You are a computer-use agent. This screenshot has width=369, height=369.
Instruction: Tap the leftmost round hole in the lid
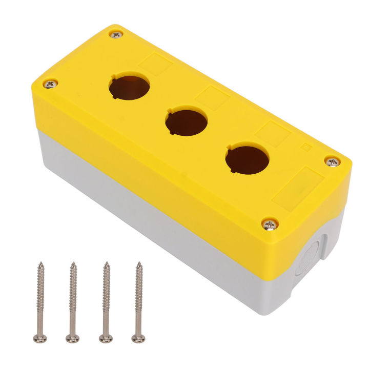tap(129, 86)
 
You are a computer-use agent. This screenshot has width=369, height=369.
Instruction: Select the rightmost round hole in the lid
tap(247, 159)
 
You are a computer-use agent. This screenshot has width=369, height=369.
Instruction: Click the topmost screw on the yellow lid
tap(116, 35)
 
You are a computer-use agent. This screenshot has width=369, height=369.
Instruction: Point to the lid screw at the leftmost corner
tap(50, 84)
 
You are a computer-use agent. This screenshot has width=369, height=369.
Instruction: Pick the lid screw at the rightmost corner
tap(332, 162)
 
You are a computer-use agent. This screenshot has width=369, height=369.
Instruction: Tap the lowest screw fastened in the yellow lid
tap(270, 224)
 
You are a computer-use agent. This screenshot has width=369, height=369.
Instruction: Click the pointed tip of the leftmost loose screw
tap(40, 264)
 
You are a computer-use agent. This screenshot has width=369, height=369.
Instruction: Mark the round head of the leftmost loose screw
tap(40, 338)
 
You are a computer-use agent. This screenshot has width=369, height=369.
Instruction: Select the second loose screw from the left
tap(72, 302)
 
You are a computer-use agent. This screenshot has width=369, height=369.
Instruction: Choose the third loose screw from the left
tap(106, 302)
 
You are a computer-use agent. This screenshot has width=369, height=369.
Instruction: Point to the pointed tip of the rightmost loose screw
tap(138, 264)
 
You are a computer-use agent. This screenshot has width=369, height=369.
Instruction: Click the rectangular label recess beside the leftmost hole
tap(155, 65)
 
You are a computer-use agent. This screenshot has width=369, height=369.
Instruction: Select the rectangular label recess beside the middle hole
tap(211, 97)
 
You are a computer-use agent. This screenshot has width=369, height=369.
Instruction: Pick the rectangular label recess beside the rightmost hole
tap(273, 134)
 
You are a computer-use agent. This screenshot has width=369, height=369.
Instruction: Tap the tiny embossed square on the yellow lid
tap(306, 147)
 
